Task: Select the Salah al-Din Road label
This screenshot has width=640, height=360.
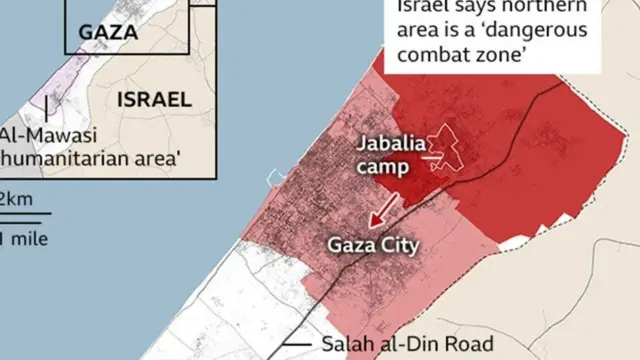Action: [408, 344]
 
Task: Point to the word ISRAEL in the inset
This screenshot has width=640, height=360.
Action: [154, 99]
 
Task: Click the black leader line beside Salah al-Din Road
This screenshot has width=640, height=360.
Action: [297, 345]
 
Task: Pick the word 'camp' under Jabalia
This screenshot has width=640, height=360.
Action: [385, 166]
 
